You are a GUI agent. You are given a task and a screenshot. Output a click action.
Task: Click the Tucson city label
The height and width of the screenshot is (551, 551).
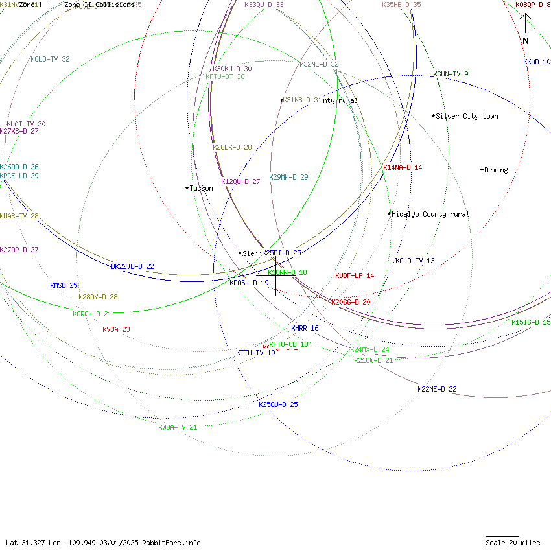201,188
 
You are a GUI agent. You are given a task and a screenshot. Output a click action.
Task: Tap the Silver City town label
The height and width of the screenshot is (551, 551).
467,117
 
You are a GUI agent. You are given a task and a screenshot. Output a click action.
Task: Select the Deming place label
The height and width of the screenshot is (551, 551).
496,170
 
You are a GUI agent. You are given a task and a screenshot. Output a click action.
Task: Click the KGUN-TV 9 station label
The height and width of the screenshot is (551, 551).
451,74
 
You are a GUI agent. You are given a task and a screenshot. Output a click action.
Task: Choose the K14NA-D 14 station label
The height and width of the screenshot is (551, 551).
403,167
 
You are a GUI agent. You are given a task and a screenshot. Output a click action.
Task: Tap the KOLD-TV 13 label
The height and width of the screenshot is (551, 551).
415,261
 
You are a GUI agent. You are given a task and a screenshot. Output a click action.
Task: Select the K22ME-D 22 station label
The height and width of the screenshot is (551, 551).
437,389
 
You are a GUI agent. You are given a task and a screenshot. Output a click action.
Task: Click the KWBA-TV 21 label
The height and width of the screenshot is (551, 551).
178,427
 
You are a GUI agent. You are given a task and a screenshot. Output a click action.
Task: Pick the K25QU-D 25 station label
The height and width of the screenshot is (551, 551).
278,404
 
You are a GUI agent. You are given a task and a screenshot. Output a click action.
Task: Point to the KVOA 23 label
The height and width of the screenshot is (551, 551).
116,329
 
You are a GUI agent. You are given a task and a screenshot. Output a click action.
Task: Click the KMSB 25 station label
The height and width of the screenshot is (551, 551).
64,285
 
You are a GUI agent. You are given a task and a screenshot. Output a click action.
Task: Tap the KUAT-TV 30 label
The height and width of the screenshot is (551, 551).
26,124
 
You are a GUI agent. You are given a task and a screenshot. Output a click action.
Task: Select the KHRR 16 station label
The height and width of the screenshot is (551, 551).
305,329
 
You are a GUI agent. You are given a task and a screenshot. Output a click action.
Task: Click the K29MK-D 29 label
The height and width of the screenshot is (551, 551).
288,177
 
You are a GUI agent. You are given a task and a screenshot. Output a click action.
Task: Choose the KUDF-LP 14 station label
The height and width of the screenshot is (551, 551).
355,275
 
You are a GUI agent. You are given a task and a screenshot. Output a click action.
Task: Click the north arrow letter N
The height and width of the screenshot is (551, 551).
526,41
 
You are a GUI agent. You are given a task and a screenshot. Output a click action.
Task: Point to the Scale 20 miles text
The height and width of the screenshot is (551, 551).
513,543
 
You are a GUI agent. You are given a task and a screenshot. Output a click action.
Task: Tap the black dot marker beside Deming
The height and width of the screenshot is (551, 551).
482,170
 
